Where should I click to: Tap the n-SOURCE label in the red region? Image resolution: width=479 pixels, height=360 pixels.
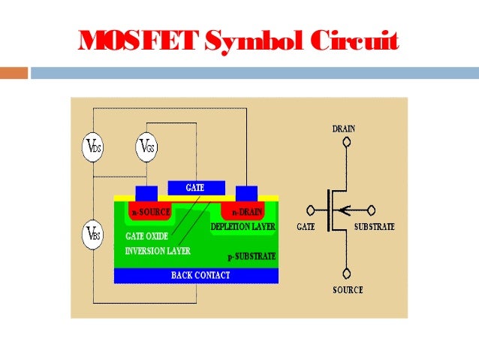pos(151,213)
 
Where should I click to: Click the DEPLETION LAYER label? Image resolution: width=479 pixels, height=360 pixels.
pos(243,225)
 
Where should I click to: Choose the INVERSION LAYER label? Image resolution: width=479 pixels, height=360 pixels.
pos(158,250)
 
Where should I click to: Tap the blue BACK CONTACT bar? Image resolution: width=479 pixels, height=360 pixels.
pos(196,275)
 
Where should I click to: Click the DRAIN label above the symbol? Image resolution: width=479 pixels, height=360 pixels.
pos(345,129)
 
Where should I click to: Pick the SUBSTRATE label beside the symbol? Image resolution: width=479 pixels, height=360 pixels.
pos(373,226)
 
